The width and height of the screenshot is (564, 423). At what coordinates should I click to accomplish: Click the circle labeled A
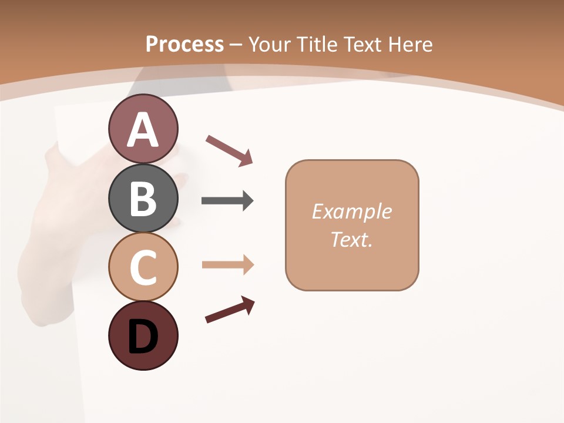pyautogui.click(x=143, y=129)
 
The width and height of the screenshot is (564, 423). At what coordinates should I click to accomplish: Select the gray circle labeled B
pyautogui.click(x=143, y=198)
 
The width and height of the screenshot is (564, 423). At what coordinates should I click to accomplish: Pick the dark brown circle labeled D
pyautogui.click(x=143, y=335)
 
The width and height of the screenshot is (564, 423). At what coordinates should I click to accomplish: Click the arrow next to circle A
pyautogui.click(x=229, y=150)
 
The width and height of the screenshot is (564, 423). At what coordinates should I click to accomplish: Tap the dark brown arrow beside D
pyautogui.click(x=230, y=310)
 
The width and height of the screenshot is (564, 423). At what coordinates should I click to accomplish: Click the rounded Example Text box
pyautogui.click(x=352, y=225)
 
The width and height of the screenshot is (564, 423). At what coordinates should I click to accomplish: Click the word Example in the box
pyautogui.click(x=351, y=211)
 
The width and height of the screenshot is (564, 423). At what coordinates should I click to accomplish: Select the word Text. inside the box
pyautogui.click(x=351, y=239)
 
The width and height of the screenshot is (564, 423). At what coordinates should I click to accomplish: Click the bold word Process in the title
pyautogui.click(x=184, y=44)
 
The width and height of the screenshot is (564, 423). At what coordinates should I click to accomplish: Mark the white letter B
pyautogui.click(x=143, y=199)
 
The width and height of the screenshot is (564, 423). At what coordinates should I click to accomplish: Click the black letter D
pyautogui.click(x=143, y=337)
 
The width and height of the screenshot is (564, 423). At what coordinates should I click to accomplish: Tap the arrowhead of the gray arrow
pyautogui.click(x=247, y=201)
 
